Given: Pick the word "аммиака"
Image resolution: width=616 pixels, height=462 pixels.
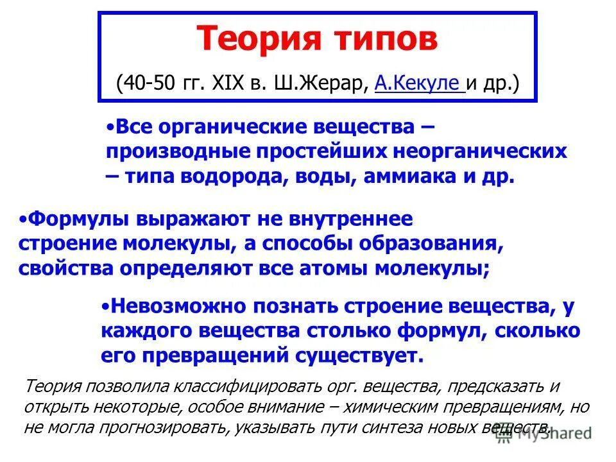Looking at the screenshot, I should pos(404,177).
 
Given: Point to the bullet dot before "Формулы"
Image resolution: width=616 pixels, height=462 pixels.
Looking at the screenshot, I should pos(24,219).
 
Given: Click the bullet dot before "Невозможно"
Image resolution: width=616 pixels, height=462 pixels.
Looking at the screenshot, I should pos(106,306).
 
